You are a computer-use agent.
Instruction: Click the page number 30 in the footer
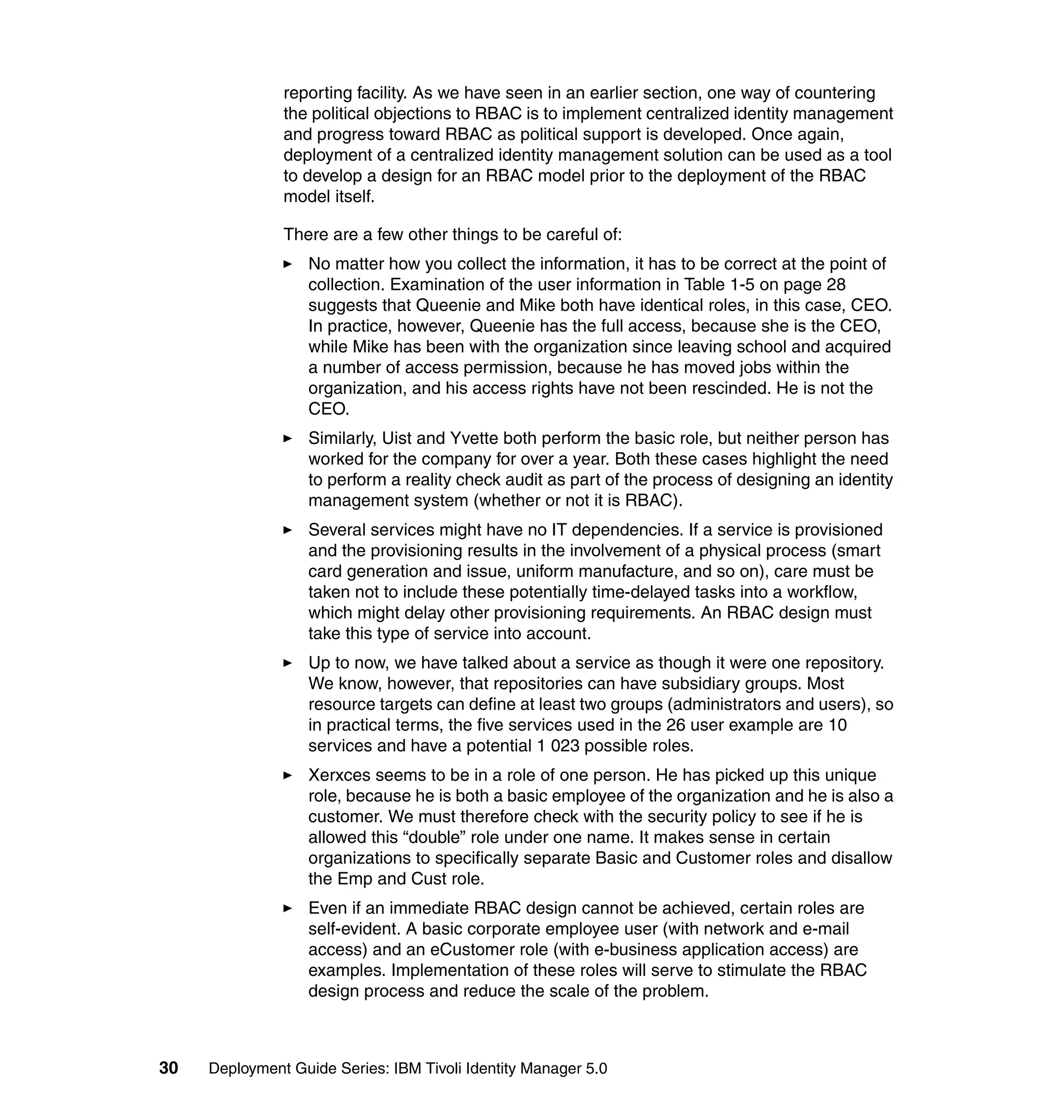(168, 1068)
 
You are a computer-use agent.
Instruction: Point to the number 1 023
(558, 745)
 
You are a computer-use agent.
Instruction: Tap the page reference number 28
(836, 284)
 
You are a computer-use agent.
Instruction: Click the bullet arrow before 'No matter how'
(287, 264)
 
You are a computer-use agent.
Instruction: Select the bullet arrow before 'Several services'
(287, 530)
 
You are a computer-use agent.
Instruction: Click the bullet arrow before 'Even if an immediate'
(287, 908)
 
